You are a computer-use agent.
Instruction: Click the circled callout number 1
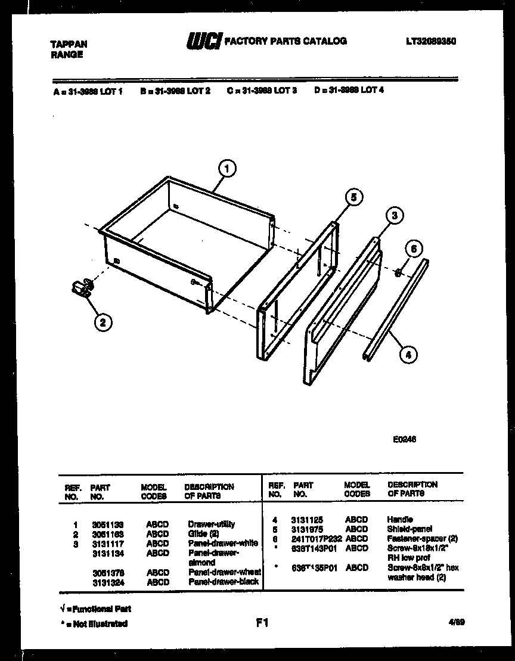pos(227,169)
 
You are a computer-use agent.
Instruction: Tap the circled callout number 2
pos(103,322)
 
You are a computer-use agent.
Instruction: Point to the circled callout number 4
pos(408,356)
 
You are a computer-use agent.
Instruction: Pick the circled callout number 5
pos(353,198)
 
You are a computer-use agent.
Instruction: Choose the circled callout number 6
pos(414,249)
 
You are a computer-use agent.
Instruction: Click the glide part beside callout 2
pos(80,288)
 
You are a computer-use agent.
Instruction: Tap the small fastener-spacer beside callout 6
pos(398,272)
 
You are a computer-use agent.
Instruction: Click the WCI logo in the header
pos(204,41)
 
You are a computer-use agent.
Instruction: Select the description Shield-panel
pos(409,529)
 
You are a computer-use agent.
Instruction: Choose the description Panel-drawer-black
pos(224,582)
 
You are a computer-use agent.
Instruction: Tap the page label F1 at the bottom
pos(262,623)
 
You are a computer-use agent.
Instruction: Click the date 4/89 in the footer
pos(457,622)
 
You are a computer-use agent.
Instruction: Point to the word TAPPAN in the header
pos(68,44)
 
